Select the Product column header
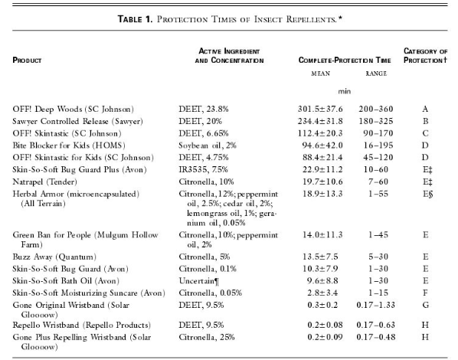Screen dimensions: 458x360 pyautogui.click(x=27, y=61)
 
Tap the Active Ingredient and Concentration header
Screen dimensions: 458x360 pyautogui.click(x=229, y=56)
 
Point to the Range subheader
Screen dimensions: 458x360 pyautogui.click(x=376, y=74)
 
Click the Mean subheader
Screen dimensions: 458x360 pyautogui.click(x=320, y=74)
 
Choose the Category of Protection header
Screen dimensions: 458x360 pyautogui.click(x=425, y=55)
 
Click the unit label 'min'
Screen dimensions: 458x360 pyautogui.click(x=345, y=91)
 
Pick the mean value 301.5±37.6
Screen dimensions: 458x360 pyautogui.click(x=320, y=109)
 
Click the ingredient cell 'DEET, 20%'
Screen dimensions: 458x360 pyautogui.click(x=200, y=121)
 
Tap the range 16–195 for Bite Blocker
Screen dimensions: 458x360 pyautogui.click(x=378, y=146)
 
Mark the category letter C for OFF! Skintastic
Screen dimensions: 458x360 pyautogui.click(x=425, y=133)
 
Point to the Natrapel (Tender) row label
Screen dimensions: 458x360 pyautogui.click(x=44, y=182)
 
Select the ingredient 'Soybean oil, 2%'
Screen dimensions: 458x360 pyautogui.click(x=208, y=146)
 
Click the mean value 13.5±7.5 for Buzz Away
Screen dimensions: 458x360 pyautogui.click(x=320, y=257)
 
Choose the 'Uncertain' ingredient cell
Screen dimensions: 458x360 pyautogui.click(x=199, y=281)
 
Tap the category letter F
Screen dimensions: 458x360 pyautogui.click(x=425, y=293)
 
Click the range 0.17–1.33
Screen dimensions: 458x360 pyautogui.click(x=375, y=305)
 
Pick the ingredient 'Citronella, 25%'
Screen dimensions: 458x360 pyautogui.click(x=207, y=337)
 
